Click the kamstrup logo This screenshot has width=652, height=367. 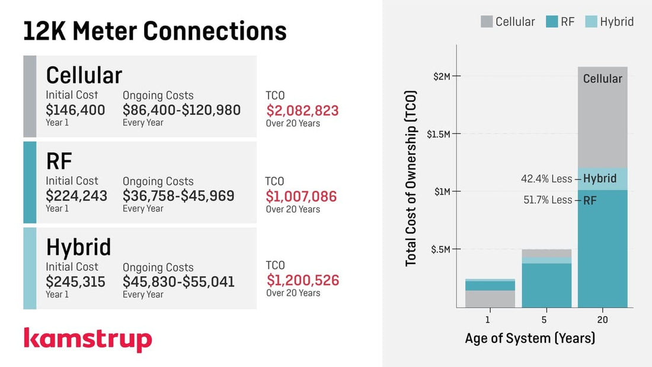coord(88,339)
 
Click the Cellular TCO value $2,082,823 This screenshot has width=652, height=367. coord(302,111)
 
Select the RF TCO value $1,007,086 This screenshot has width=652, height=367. coord(301,196)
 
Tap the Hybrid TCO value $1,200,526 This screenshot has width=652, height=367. coord(302,280)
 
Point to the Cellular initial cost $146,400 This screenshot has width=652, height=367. coord(75,110)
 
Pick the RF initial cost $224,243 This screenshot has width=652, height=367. coord(76,196)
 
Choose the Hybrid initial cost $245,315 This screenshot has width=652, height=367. coord(75,282)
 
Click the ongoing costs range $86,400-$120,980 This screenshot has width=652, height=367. coord(181,110)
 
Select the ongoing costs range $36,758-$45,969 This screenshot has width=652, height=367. coord(178,196)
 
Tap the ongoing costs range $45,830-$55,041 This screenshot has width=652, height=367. coord(178,282)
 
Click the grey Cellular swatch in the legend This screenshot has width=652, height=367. coord(486,22)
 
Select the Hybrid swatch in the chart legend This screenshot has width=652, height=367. coord(590,22)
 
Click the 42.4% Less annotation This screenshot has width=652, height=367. coord(546,179)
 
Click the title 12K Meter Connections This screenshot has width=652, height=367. coord(155,31)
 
